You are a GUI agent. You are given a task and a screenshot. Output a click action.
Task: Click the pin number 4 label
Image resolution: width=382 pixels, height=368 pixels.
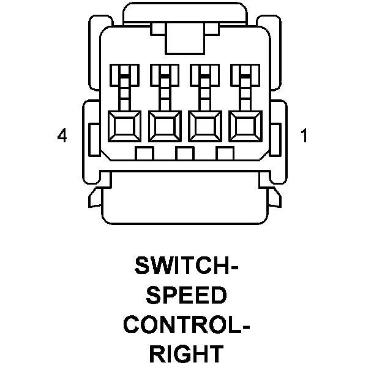pyautogui.click(x=61, y=136)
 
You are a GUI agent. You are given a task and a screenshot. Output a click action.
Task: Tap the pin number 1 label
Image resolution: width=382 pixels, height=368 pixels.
pyautogui.click(x=304, y=136)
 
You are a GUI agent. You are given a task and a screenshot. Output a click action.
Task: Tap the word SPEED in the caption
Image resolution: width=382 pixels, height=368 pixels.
pyautogui.click(x=186, y=296)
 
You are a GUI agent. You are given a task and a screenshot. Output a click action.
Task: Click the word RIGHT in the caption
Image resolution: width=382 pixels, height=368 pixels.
pyautogui.click(x=185, y=354)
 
